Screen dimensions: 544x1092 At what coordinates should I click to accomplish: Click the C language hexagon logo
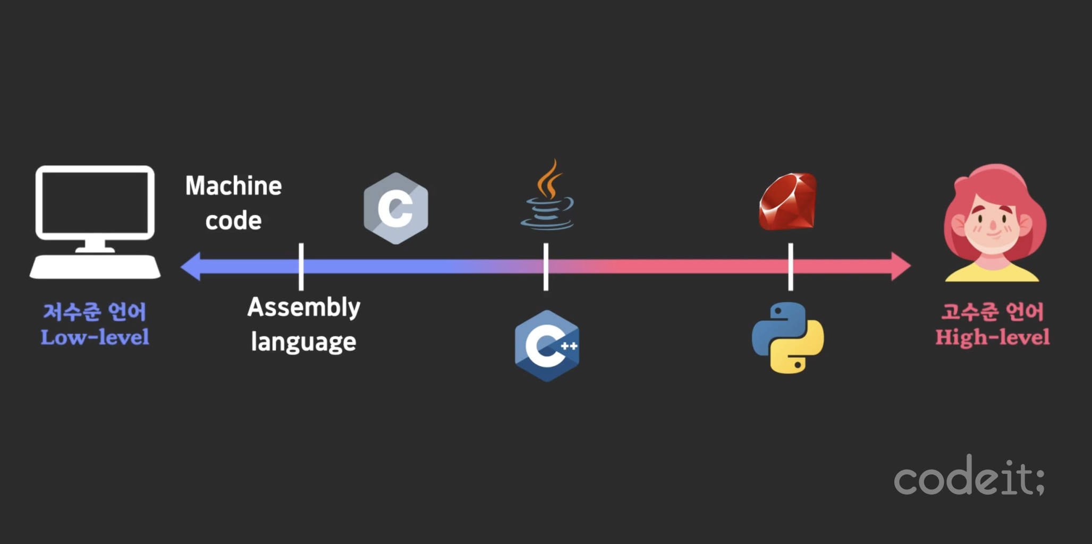click(396, 208)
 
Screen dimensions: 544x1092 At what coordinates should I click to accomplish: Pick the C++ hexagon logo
click(547, 346)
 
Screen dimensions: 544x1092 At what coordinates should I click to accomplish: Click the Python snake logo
click(788, 338)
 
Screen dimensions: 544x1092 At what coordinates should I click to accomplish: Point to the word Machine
click(234, 186)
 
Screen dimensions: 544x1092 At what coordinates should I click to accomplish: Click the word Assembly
click(304, 308)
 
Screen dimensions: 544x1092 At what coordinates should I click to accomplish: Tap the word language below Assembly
click(303, 342)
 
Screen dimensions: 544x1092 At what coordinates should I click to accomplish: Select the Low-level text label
click(95, 337)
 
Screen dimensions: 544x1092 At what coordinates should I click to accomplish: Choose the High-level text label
click(992, 337)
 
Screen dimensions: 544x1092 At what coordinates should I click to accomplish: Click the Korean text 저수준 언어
click(95, 312)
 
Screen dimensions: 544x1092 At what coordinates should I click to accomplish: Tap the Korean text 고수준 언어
click(992, 312)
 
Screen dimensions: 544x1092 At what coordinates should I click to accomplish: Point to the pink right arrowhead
click(901, 266)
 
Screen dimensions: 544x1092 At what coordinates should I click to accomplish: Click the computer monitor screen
click(95, 202)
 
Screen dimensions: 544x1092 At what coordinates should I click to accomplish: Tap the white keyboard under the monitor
click(95, 267)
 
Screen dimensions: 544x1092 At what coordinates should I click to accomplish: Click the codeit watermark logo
click(969, 477)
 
